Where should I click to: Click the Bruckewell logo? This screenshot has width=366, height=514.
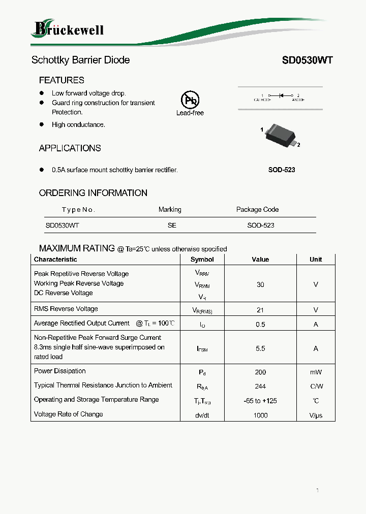(67, 29)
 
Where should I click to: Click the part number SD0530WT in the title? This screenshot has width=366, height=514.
(307, 60)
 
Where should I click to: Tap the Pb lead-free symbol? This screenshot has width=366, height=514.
(190, 100)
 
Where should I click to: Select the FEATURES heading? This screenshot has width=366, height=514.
(62, 80)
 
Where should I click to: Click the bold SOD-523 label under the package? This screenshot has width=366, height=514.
(282, 170)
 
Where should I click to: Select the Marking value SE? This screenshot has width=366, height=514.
(172, 225)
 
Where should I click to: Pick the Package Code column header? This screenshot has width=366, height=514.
(257, 209)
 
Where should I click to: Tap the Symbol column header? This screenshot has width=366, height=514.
(202, 259)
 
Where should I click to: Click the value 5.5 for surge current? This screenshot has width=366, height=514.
(260, 348)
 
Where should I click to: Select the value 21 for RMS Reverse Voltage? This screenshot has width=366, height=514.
(260, 309)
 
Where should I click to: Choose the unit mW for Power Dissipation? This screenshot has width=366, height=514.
(316, 372)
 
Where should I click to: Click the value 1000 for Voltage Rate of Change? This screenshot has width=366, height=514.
(260, 415)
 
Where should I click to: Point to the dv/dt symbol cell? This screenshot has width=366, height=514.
(202, 415)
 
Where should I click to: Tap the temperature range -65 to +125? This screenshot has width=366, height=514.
(260, 401)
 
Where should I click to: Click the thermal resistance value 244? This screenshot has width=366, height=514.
(260, 387)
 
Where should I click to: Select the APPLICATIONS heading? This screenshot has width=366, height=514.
(70, 148)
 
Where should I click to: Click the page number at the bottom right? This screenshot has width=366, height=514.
(317, 490)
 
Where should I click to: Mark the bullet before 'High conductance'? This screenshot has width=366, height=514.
(42, 124)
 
